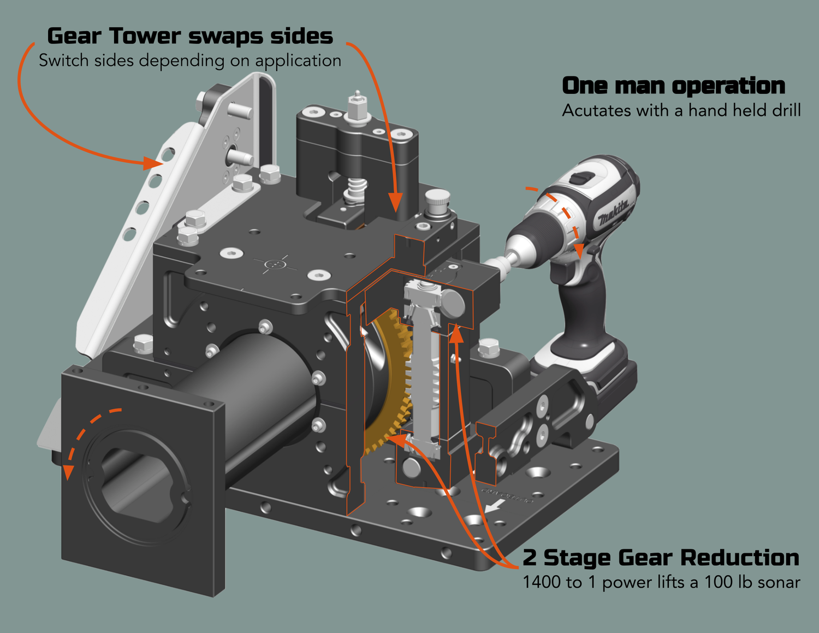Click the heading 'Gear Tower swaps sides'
click(189, 36)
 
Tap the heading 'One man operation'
click(673, 86)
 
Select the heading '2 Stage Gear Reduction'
click(661, 558)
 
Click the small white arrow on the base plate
click(494, 506)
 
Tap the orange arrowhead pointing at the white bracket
click(153, 162)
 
